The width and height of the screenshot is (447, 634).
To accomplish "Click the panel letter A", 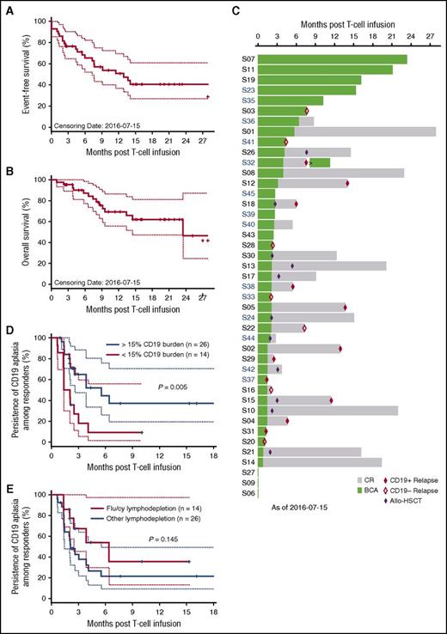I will click(x=6, y=7).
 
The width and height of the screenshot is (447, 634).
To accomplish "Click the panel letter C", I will click(x=236, y=7).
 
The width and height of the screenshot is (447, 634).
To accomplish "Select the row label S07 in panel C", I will click(x=247, y=58).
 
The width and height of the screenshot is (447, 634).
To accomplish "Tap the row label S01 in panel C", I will click(x=247, y=131).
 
